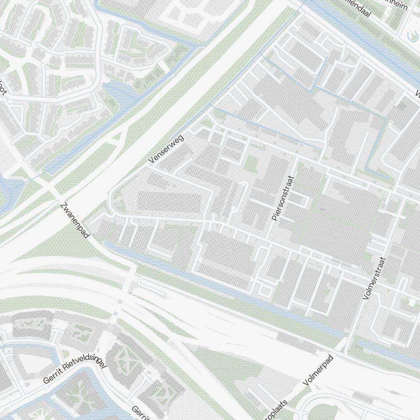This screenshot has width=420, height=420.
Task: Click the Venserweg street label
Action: click(x=166, y=149)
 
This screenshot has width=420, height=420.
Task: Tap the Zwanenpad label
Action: click(x=75, y=221)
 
